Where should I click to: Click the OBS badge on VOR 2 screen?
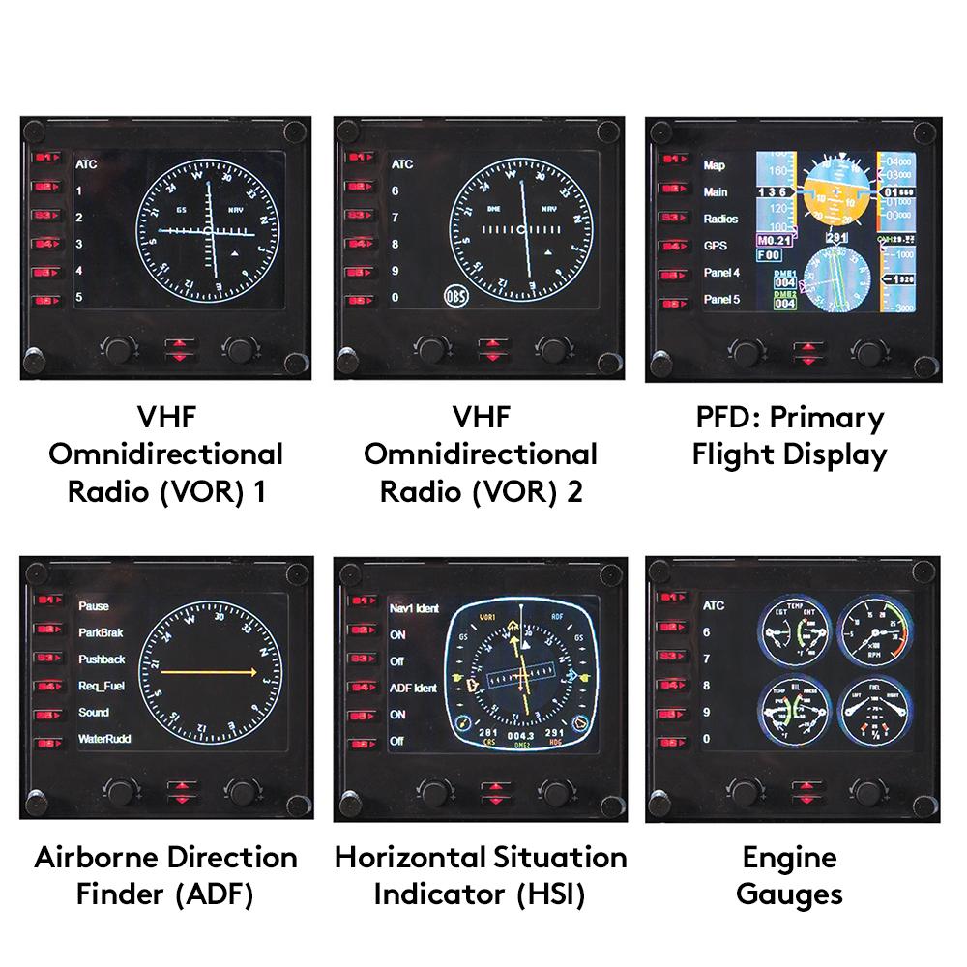point(457,296)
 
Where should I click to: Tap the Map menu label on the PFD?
point(715,165)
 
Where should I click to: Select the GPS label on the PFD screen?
point(715,246)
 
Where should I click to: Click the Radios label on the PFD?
point(720,220)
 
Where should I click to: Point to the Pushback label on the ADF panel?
point(103,659)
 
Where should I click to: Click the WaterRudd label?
point(105,739)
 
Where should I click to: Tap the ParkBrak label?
point(103,632)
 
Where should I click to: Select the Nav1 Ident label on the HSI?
point(414,609)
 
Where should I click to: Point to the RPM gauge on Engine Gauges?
point(873,634)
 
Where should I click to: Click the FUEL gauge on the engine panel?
point(873,712)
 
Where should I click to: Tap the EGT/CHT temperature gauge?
point(796,634)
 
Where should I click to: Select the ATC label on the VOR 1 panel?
point(87,164)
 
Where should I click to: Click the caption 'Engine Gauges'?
point(789,875)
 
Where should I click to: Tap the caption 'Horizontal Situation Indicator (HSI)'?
point(481,875)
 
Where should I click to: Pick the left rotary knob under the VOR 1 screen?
point(120,347)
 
